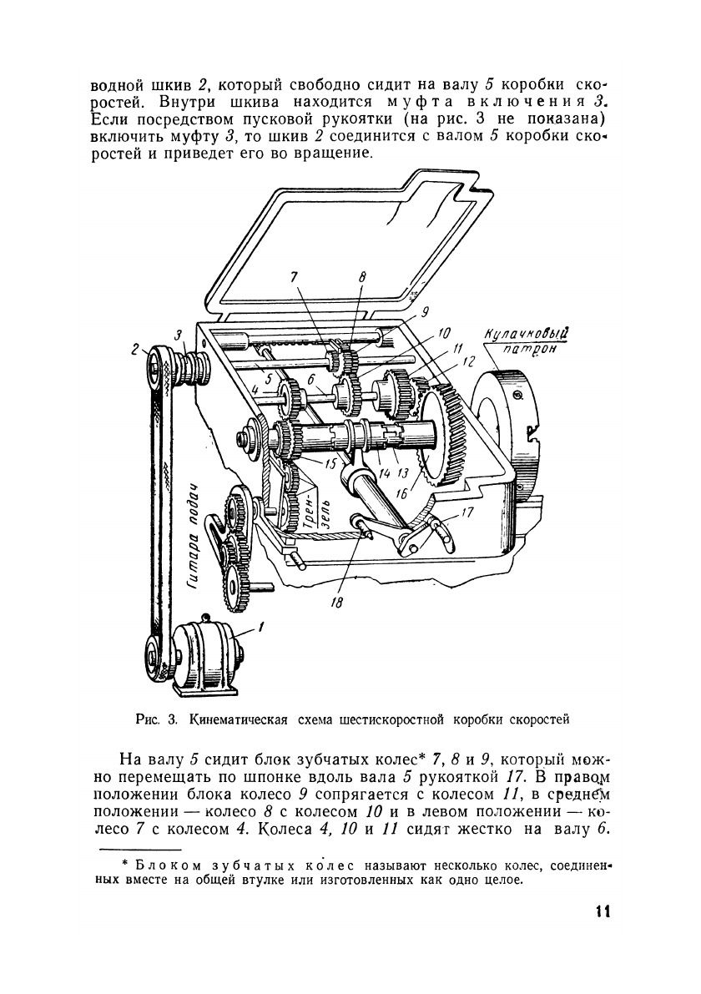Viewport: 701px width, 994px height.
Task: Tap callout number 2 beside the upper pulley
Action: tap(134, 351)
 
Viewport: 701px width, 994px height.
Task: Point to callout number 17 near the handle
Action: tap(468, 514)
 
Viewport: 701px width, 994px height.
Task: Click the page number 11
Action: tap(603, 911)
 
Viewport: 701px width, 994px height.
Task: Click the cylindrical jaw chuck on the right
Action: tap(501, 426)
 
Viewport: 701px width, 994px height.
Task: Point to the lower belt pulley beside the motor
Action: tap(155, 651)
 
